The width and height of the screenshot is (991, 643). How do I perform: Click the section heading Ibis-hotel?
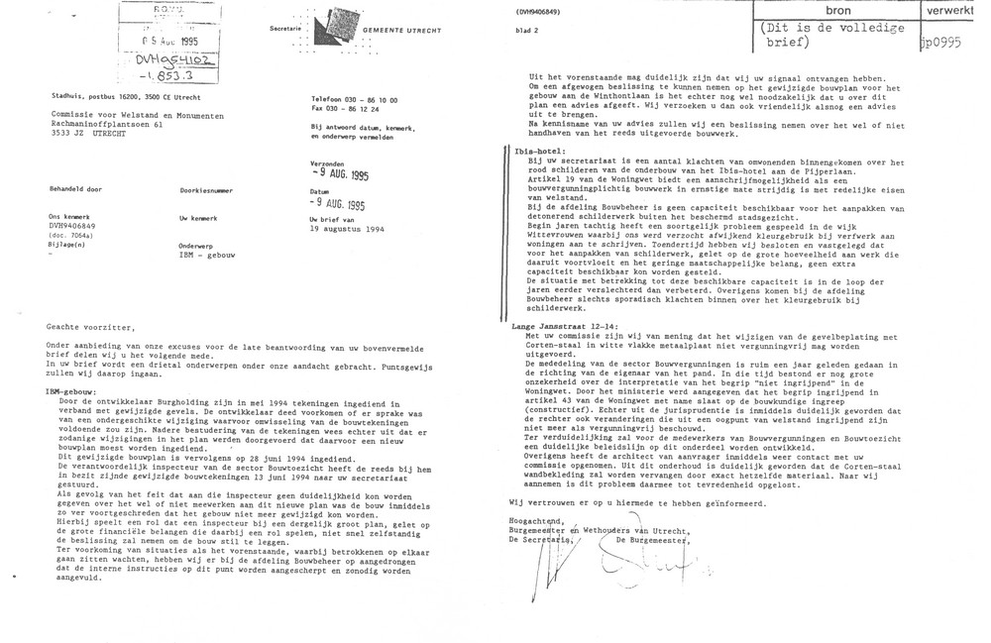(531, 152)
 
